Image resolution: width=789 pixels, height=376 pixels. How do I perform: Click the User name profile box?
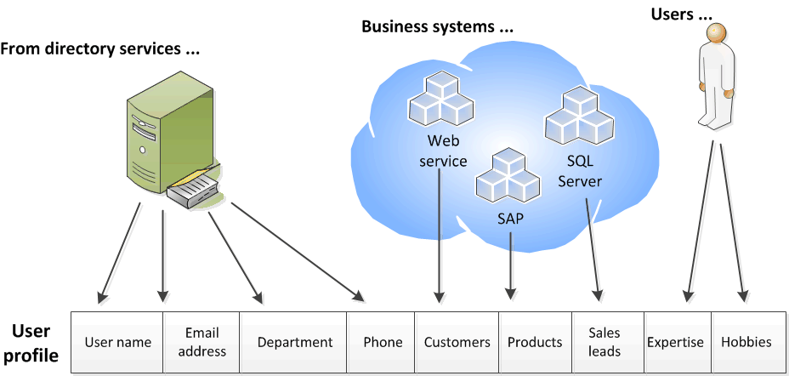click(117, 342)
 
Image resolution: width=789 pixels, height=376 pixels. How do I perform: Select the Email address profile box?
click(202, 342)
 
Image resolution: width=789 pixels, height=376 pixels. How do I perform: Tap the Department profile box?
click(294, 342)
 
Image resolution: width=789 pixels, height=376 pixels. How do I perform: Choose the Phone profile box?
click(383, 342)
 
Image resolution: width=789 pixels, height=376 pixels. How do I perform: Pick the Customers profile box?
click(457, 342)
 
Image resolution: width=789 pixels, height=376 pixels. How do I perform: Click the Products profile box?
click(535, 342)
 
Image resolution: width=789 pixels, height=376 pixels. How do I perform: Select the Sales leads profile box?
click(604, 342)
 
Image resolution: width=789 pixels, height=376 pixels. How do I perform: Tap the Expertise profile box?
click(675, 342)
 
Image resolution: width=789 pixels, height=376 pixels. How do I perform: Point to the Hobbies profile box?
click(746, 342)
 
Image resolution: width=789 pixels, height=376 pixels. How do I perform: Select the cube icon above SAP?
click(508, 176)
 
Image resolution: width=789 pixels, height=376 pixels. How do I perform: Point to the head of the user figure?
click(717, 35)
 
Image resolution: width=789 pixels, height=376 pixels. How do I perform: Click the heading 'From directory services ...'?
click(100, 48)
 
